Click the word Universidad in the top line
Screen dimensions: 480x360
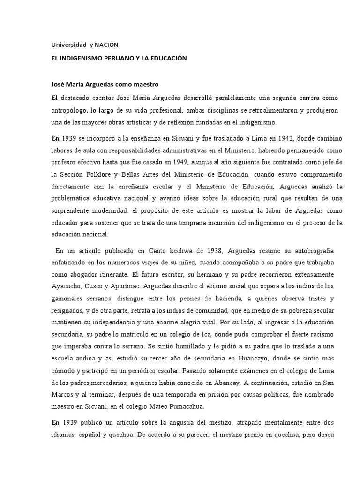point(67,45)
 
